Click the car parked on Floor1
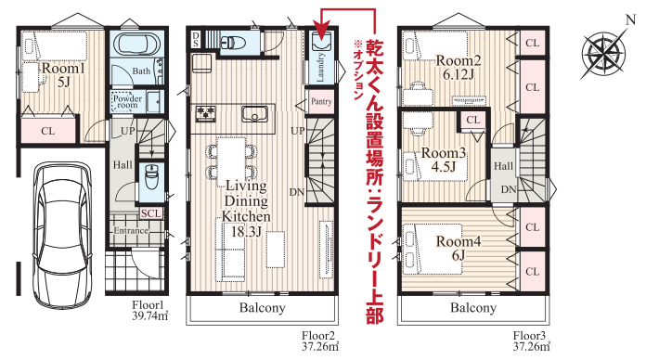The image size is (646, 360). pos(62,235)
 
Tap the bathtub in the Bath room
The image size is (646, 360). pos(136,44)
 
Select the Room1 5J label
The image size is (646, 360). pos(63,74)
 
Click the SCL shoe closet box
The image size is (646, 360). pos(151,213)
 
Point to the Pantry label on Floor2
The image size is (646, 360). pos(321,101)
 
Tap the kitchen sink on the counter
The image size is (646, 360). pos(254,114)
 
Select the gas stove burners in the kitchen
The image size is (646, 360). pos(206,114)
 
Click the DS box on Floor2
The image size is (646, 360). pos(195,40)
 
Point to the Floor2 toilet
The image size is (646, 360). pos(233,43)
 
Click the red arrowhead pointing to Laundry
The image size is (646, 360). pos(321,32)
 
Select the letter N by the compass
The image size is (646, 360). pos(631,19)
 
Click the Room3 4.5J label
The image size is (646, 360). pos(444,160)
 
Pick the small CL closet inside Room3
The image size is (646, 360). pos(473,120)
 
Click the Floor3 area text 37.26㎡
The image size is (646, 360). pos(532,347)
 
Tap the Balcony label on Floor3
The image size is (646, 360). pos(473,308)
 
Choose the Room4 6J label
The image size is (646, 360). pos(459,248)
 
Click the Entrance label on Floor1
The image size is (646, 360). pos(131,231)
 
